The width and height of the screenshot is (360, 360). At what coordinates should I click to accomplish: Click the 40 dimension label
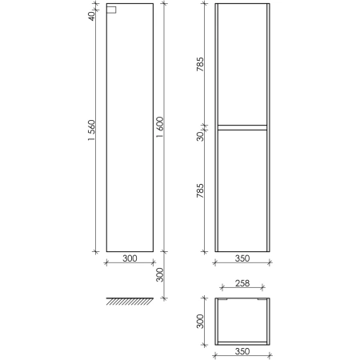(91, 16)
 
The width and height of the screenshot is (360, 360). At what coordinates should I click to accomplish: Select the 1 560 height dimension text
(91, 130)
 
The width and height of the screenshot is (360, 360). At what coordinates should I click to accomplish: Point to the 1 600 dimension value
(160, 127)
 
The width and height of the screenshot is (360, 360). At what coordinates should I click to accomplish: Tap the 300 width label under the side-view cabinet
(130, 258)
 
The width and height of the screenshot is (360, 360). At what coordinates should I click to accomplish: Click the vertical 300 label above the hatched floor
(160, 274)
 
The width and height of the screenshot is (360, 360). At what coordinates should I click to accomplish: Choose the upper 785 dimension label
(200, 64)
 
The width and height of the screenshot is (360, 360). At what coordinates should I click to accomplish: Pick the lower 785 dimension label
(200, 190)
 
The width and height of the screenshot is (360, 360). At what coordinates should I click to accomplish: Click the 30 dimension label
(200, 136)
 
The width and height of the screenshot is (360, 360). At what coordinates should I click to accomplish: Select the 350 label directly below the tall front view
(242, 258)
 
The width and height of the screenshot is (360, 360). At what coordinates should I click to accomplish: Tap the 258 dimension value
(242, 283)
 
